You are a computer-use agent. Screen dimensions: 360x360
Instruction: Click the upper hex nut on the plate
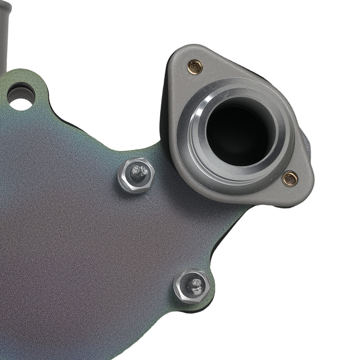click(136, 175)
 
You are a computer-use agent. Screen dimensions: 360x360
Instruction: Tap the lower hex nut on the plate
click(192, 286)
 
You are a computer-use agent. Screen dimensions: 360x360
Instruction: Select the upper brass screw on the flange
click(195, 67)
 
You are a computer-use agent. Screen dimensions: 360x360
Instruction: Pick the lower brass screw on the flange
click(290, 179)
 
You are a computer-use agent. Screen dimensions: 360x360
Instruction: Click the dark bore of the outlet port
click(236, 133)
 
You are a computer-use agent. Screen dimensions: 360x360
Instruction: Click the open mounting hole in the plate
click(21, 96)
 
